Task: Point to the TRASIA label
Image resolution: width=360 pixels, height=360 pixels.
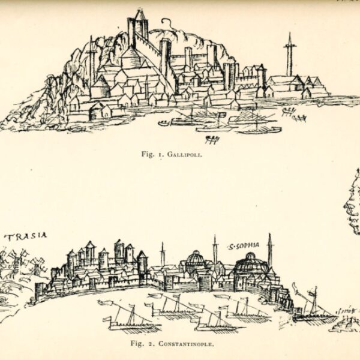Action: [25, 236]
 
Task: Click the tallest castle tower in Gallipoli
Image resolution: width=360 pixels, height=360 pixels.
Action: [140, 27]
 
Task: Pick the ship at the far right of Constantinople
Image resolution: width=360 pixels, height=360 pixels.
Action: [312, 309]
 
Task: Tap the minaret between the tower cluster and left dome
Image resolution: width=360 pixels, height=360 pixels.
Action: [162, 255]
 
